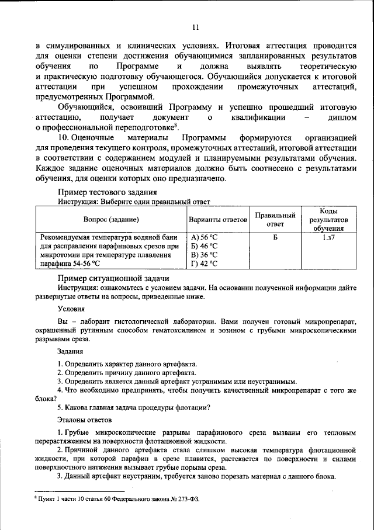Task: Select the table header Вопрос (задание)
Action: click(x=110, y=220)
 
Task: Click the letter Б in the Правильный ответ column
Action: click(x=275, y=238)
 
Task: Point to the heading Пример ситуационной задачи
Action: click(x=114, y=278)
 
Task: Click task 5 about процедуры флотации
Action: click(x=134, y=407)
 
